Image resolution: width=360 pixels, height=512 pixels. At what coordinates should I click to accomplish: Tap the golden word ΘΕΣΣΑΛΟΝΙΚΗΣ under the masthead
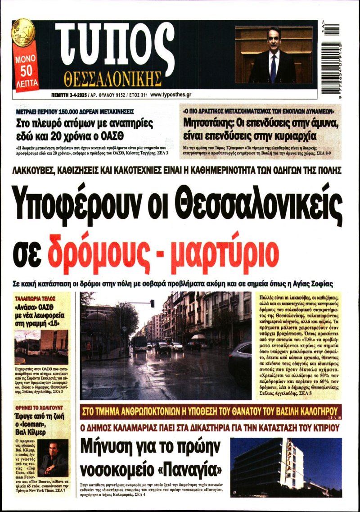112,79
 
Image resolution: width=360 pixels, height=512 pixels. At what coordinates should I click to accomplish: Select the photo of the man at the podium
273,54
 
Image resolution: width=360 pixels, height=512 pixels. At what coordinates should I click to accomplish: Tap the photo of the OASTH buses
41,347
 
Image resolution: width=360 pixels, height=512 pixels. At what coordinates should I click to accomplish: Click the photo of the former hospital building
286,467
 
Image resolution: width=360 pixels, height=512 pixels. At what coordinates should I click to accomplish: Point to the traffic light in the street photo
153,304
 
